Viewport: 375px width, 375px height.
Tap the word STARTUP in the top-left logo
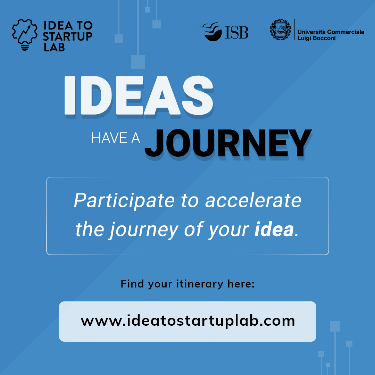tap(68, 36)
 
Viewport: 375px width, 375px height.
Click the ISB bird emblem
tap(212, 32)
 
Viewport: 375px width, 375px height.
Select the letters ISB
tap(237, 33)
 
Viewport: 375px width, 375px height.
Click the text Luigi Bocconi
tap(316, 38)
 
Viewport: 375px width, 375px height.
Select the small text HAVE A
tap(115, 139)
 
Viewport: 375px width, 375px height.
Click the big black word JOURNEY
tap(227, 143)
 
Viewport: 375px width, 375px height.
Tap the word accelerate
tap(253, 201)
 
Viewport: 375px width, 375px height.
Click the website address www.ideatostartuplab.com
tap(187, 320)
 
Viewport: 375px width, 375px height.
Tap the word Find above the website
tap(132, 284)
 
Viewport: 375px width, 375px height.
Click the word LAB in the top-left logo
tap(54, 47)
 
